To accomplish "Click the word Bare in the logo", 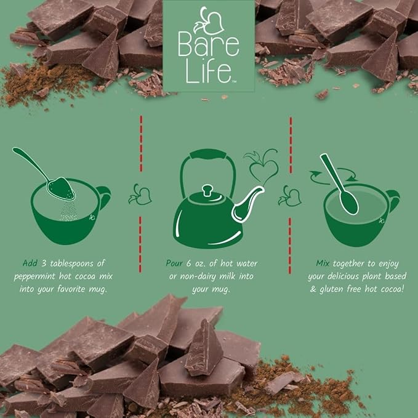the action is [x=209, y=45].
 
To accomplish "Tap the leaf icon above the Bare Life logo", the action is [x=209, y=21].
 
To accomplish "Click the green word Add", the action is [x=30, y=263].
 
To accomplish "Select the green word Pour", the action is [x=174, y=263].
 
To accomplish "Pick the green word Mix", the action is [x=323, y=263].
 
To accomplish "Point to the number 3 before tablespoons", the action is [x=44, y=263].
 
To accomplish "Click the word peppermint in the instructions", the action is [x=34, y=276].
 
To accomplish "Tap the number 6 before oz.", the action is [x=189, y=263].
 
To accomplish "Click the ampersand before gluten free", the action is [x=313, y=289].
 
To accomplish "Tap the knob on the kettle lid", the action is [x=207, y=190].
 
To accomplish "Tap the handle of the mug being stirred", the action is [x=392, y=201].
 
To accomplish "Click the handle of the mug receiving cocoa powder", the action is [x=104, y=198].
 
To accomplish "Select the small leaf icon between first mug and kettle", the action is [x=140, y=195].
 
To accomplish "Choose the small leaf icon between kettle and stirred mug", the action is [x=290, y=196].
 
